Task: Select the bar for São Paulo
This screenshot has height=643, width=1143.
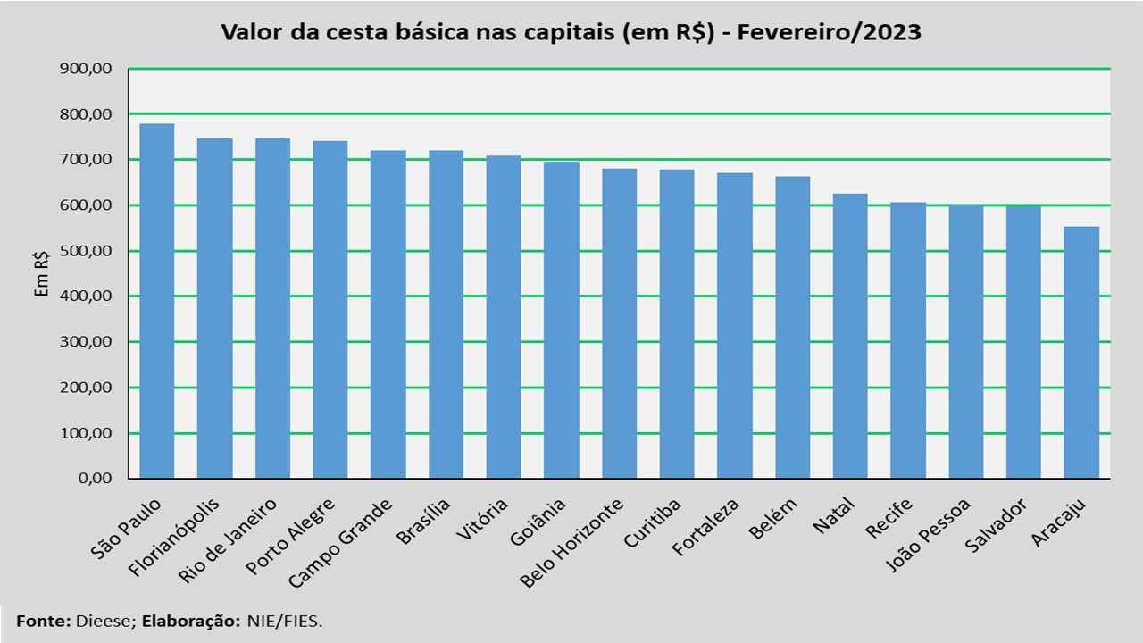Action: (x=157, y=301)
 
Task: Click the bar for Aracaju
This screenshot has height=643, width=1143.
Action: (x=1081, y=353)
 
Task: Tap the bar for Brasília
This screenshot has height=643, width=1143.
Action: (x=446, y=314)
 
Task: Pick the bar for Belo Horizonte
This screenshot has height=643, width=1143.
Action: (x=619, y=323)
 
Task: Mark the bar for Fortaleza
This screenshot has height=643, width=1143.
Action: (x=734, y=326)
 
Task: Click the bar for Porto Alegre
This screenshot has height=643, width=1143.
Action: (x=330, y=310)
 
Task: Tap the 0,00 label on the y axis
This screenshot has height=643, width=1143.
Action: (x=96, y=479)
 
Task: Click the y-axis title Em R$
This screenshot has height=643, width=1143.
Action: (x=41, y=273)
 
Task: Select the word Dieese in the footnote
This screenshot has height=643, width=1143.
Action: (x=104, y=620)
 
